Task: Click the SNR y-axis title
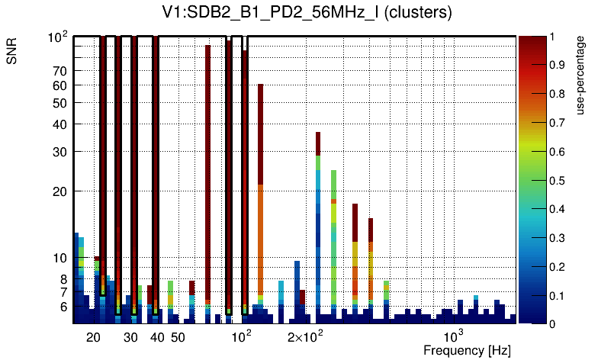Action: coord(12,53)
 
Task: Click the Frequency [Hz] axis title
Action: coord(467,351)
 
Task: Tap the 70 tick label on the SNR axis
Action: coord(59,71)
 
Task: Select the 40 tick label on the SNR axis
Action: coord(59,124)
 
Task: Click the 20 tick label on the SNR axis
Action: coord(59,191)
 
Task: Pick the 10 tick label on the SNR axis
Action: coord(59,259)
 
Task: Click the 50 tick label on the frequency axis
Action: coord(177,337)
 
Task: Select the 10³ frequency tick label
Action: coord(454,336)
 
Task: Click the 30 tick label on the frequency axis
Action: coord(130,337)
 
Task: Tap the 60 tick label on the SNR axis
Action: coord(59,85)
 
